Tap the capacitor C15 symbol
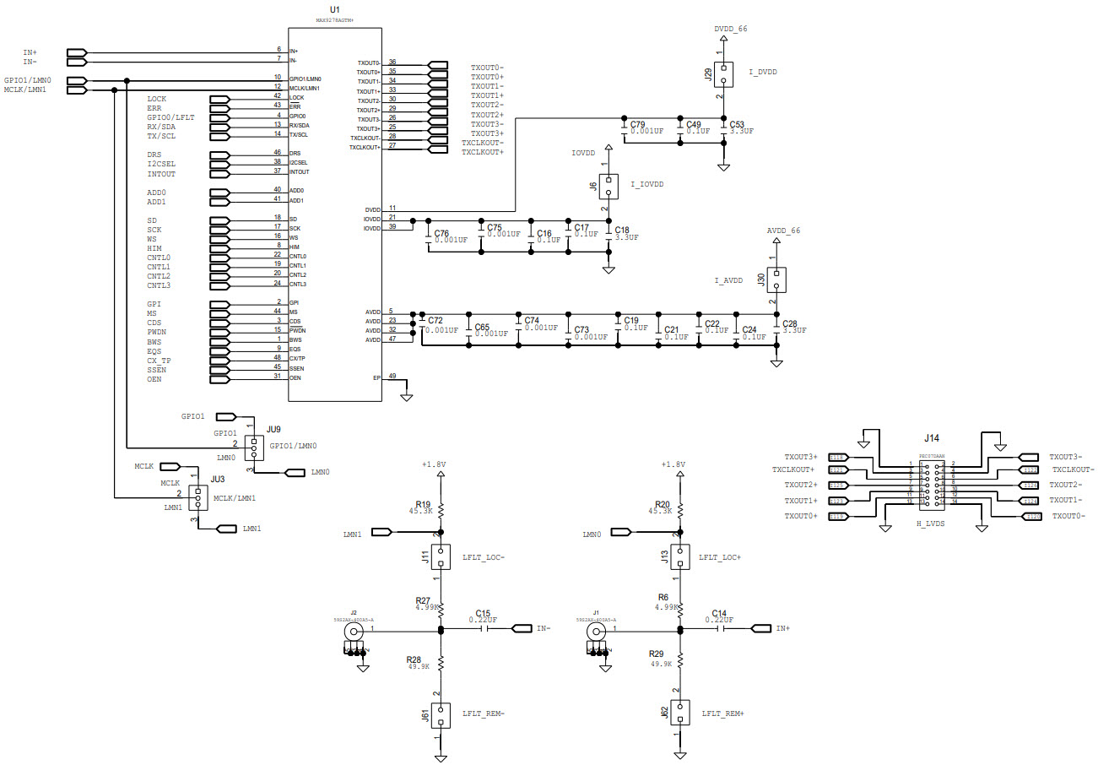tap(484, 628)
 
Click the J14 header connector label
tap(930, 438)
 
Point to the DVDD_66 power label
tap(730, 29)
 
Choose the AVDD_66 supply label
tap(782, 230)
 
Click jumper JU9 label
tap(273, 429)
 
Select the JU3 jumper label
tap(218, 479)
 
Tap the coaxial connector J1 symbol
tap(597, 631)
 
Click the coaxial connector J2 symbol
tap(354, 631)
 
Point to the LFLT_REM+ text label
tap(722, 713)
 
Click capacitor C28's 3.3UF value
tap(794, 331)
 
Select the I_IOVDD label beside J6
tap(646, 184)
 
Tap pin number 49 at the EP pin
tap(392, 377)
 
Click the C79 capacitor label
tap(637, 124)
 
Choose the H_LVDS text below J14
tap(932, 524)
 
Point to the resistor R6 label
tap(663, 597)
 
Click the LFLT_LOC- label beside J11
tap(483, 557)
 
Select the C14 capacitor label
tap(718, 613)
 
